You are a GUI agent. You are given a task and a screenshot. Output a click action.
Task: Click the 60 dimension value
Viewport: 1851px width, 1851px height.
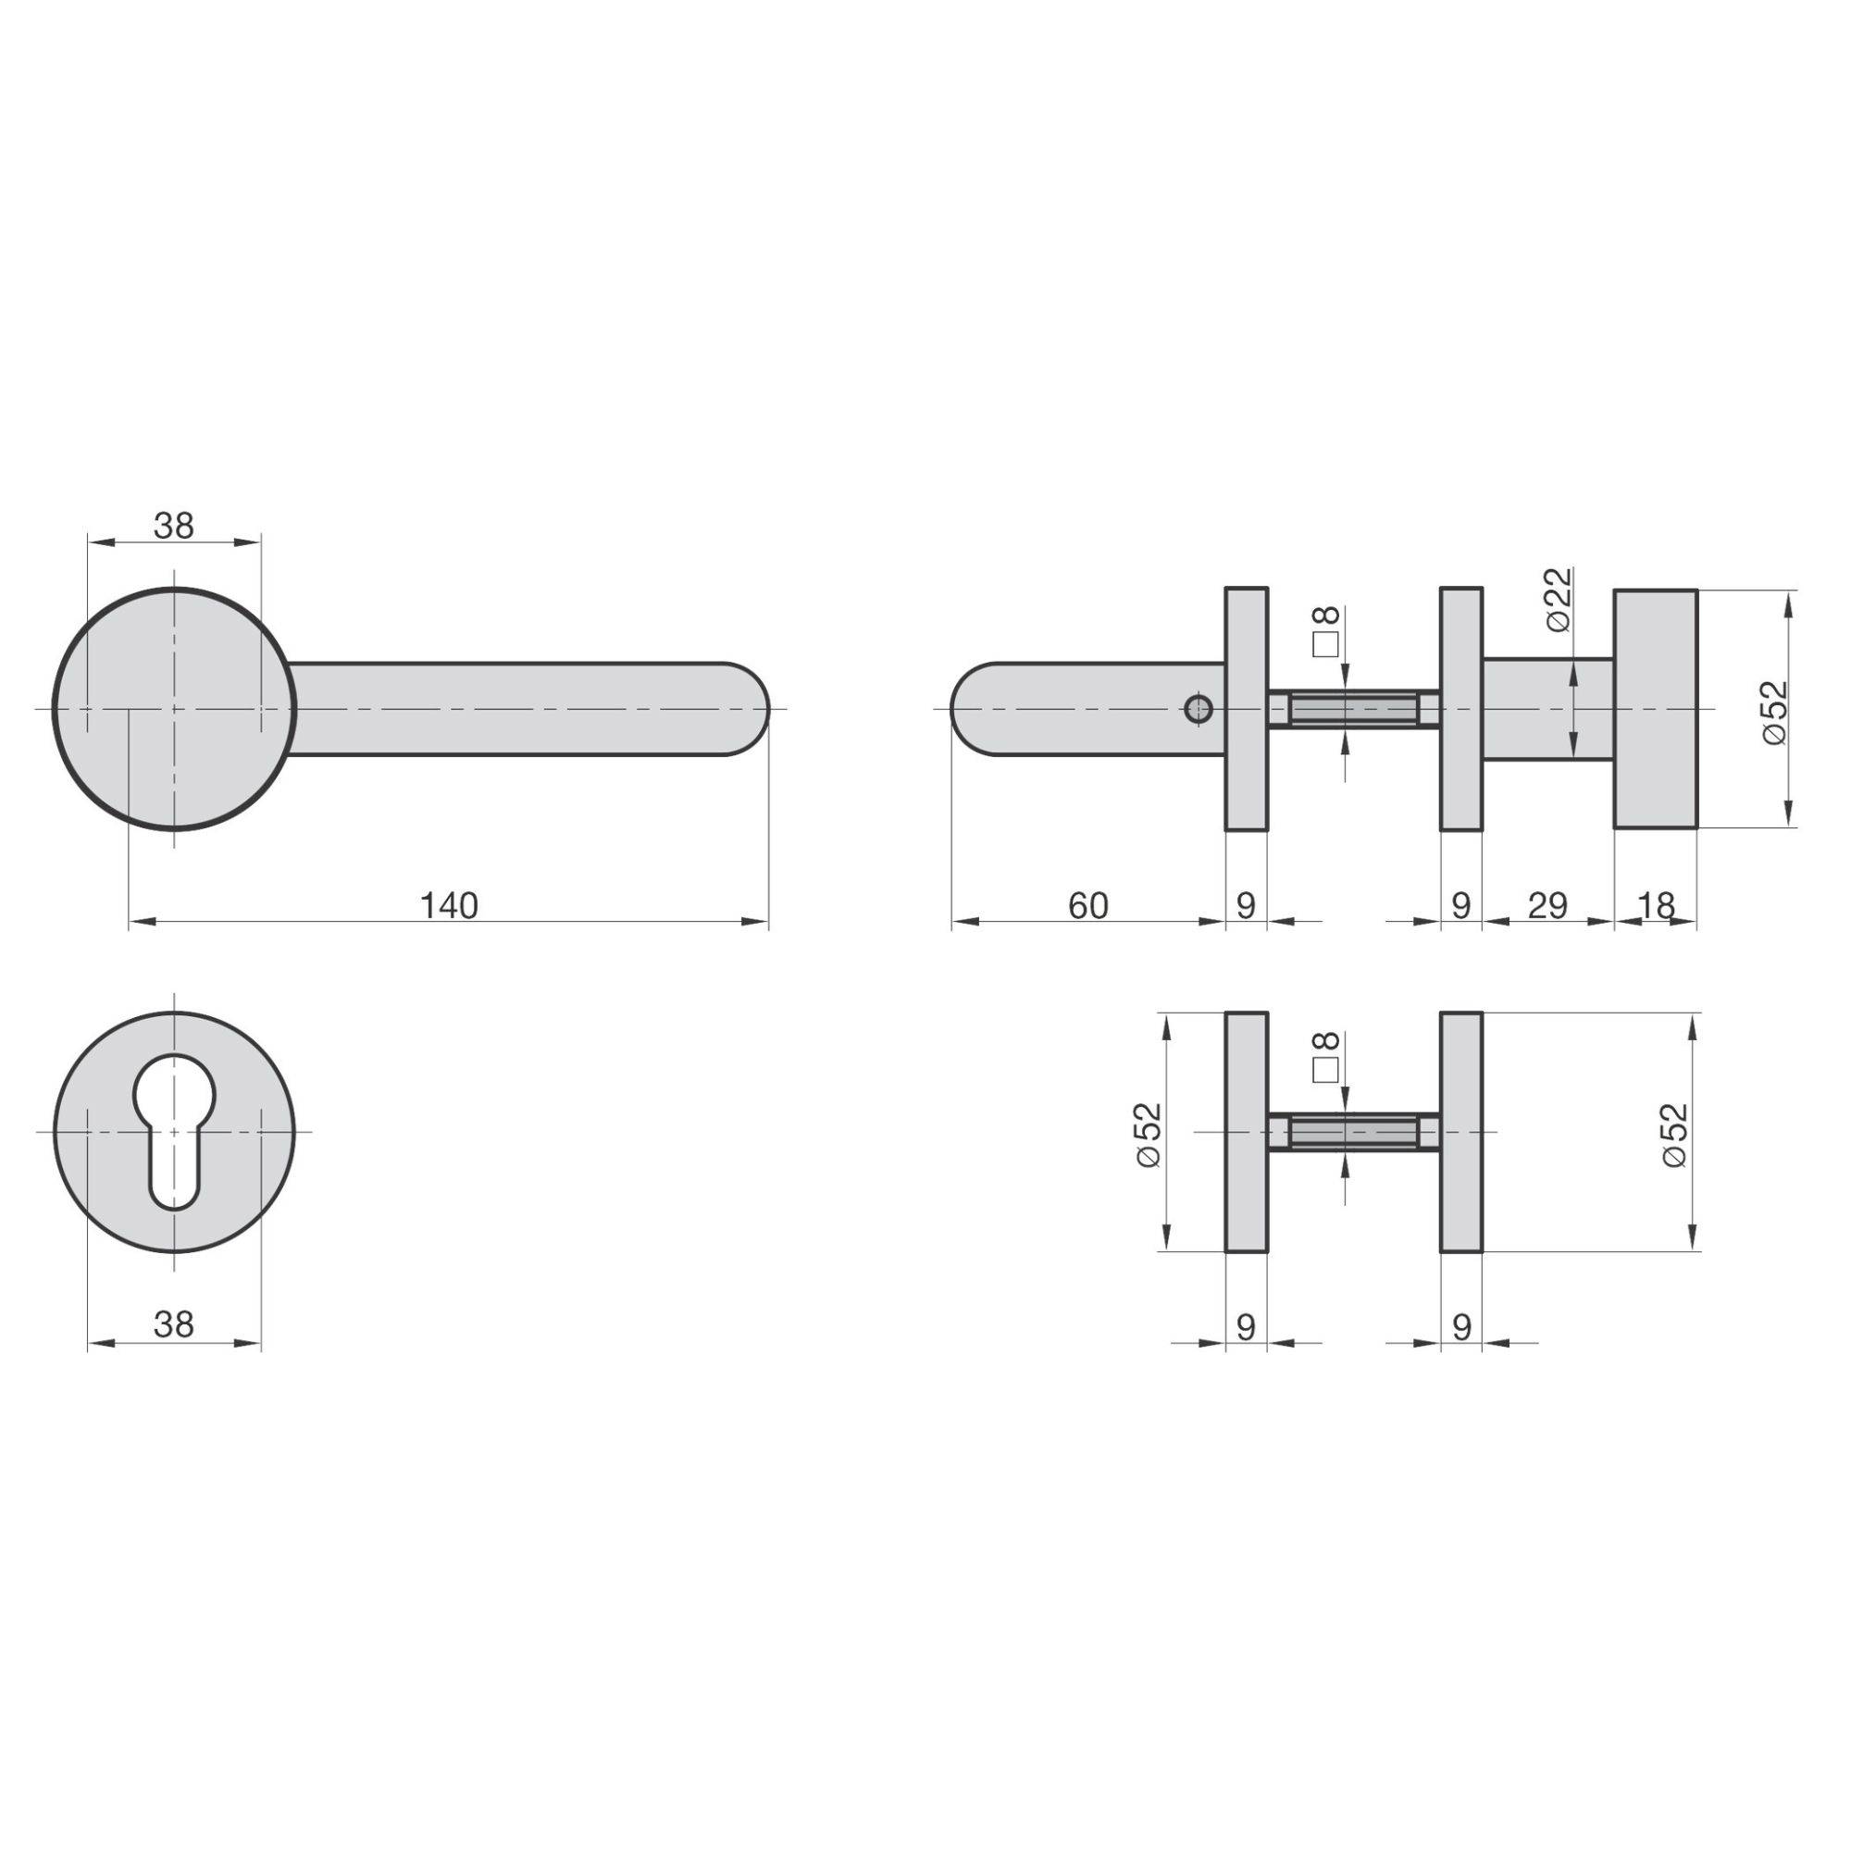click(1087, 905)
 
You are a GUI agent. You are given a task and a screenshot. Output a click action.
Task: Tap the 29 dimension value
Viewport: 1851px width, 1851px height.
click(1547, 905)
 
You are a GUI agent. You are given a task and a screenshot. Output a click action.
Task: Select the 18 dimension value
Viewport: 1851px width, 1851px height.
click(1656, 905)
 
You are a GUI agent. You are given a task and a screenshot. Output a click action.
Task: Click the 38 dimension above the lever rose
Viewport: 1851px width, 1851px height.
click(173, 526)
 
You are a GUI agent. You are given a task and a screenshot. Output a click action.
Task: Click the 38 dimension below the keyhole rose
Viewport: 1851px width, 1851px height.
click(173, 1324)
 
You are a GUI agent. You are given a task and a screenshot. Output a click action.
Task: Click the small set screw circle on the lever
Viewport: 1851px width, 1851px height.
click(1198, 710)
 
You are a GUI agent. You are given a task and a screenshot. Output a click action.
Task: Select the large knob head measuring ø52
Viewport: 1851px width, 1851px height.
click(1656, 708)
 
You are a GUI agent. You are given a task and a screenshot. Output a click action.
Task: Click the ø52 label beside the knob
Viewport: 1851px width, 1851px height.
click(1774, 712)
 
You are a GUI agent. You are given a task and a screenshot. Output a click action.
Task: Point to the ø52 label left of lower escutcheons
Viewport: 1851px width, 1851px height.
click(1149, 1135)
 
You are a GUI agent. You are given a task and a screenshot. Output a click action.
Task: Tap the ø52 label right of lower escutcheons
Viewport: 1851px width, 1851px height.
click(1675, 1135)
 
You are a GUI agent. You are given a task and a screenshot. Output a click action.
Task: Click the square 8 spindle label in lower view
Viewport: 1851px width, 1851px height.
click(1326, 1057)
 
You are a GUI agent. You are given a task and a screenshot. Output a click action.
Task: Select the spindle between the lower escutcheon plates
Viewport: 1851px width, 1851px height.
click(1353, 1133)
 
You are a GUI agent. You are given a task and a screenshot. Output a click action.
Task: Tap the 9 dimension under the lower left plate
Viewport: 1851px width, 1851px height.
click(1246, 1327)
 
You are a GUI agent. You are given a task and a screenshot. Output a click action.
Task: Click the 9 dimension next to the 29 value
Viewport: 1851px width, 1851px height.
click(1460, 905)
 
